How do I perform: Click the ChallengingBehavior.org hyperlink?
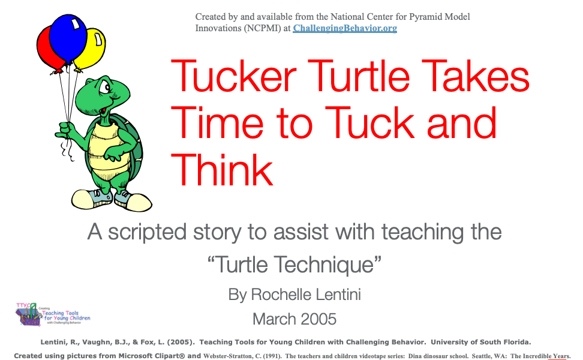pos(345,28)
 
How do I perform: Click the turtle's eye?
pos(104,88)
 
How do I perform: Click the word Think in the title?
pos(222,170)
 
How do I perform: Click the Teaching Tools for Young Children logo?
pos(53,314)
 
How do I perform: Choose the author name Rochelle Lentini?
pos(306,295)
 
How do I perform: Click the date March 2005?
pos(294,319)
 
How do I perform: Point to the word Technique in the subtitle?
pos(327,265)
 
